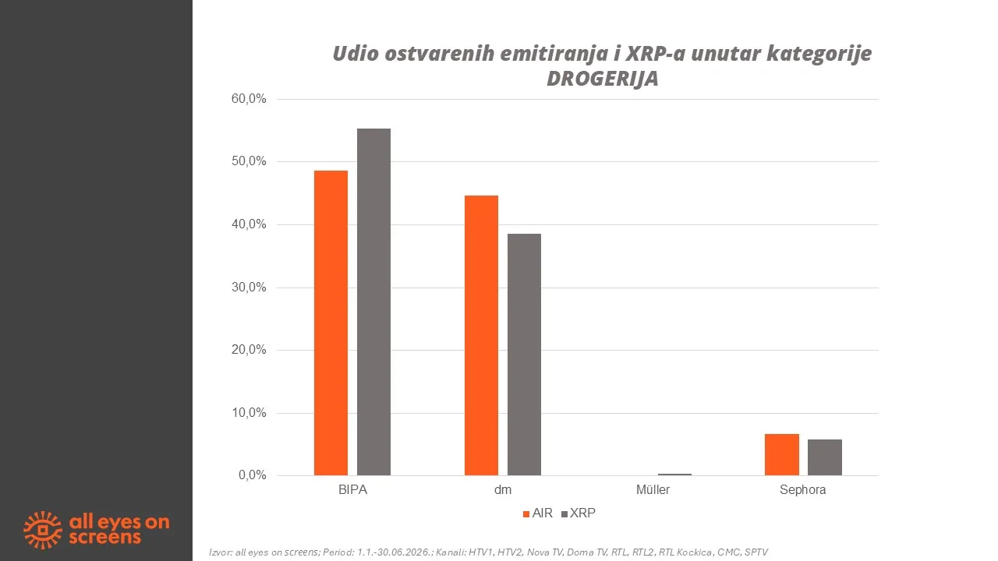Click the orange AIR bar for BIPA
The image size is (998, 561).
pos(331,323)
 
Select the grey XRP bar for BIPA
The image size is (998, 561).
pos(373,302)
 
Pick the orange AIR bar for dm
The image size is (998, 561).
pos(481,335)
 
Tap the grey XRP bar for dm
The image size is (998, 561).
pos(525,355)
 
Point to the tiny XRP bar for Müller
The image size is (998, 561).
pos(674,475)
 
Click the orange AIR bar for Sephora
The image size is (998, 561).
pos(782,454)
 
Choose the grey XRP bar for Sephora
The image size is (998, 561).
pos(825,457)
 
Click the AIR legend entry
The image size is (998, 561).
pos(538,513)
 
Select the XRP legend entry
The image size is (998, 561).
pos(579,513)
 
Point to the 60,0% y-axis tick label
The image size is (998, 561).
pos(249,99)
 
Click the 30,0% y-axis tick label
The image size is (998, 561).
pos(249,288)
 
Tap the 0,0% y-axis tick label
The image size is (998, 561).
pos(252,475)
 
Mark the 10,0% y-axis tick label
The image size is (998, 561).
pos(249,413)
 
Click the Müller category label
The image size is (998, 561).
pos(653,490)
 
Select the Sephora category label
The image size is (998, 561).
pos(803,490)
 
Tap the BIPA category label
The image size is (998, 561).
pos(353,490)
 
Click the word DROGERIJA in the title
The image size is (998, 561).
pos(603,79)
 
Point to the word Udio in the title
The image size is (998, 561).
pos(356,54)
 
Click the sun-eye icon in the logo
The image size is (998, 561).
pos(43,530)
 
